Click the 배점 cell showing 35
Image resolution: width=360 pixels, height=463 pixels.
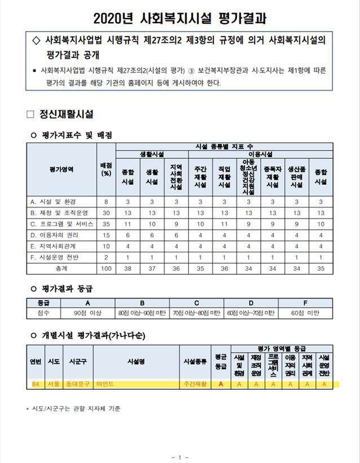pyautogui.click(x=105, y=224)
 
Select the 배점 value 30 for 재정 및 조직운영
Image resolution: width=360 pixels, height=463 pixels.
pyautogui.click(x=105, y=212)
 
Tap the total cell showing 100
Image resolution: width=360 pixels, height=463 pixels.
pyautogui.click(x=105, y=269)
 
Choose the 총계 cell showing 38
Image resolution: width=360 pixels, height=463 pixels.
pyautogui.click(x=128, y=269)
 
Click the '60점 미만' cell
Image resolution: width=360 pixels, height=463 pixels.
pyautogui.click(x=305, y=311)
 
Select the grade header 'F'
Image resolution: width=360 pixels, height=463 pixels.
pyautogui.click(x=305, y=302)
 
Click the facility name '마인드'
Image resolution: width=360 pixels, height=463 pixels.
pyautogui.click(x=105, y=384)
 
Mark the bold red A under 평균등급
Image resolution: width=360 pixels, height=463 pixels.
pyautogui.click(x=221, y=384)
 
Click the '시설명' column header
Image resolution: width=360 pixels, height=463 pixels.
pyautogui.click(x=137, y=362)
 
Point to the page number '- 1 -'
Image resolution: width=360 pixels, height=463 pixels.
pyautogui.click(x=180, y=457)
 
